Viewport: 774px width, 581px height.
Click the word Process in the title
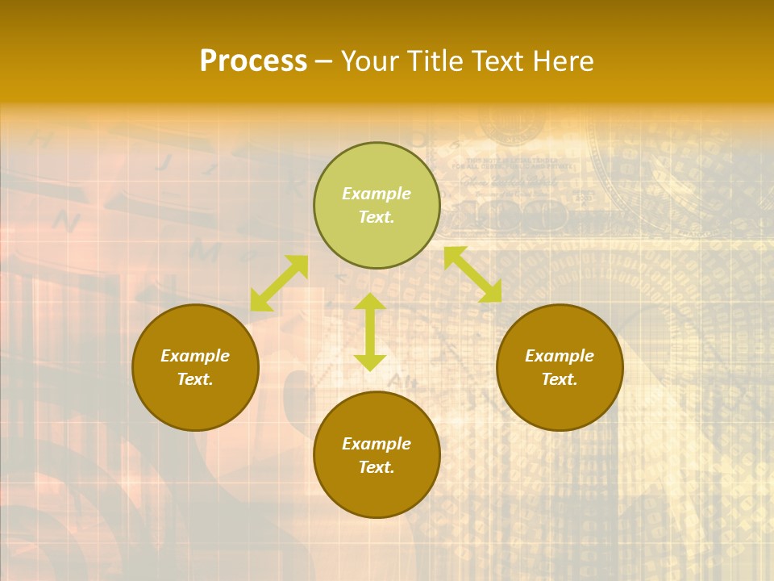pyautogui.click(x=253, y=61)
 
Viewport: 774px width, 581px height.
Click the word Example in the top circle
pyautogui.click(x=377, y=194)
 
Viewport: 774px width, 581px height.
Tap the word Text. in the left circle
pyautogui.click(x=195, y=379)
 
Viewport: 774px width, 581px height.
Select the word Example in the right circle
pyautogui.click(x=560, y=356)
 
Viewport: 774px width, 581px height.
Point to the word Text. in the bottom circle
pyautogui.click(x=377, y=467)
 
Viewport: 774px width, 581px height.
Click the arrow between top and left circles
pyautogui.click(x=279, y=283)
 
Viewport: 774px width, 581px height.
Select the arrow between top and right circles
pyautogui.click(x=472, y=274)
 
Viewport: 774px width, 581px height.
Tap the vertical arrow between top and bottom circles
pyautogui.click(x=370, y=332)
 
